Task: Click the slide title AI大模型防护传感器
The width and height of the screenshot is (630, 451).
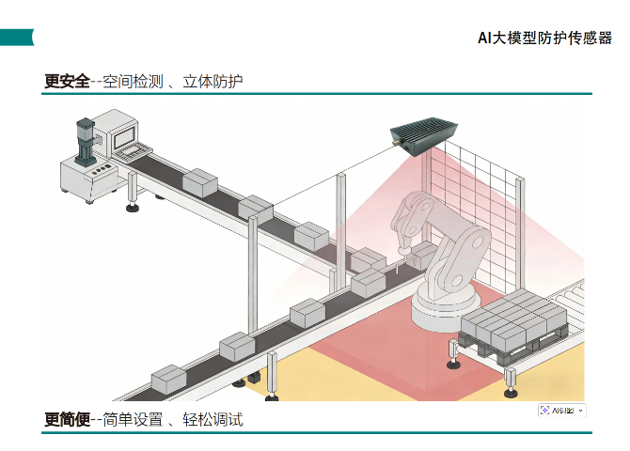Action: coord(544,38)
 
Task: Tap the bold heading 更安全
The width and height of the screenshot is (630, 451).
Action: coord(66,82)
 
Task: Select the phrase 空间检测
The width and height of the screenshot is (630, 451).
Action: coord(132,82)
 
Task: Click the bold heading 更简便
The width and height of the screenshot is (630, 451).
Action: coord(66,419)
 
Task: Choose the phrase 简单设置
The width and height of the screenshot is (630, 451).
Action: coord(133,419)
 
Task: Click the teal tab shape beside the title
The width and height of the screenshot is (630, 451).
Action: coord(17,37)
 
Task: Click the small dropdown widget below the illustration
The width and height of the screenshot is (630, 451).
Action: coord(561,411)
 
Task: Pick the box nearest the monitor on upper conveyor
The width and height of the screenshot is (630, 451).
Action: coord(199,181)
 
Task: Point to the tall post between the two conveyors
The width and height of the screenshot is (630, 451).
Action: coord(250,301)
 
